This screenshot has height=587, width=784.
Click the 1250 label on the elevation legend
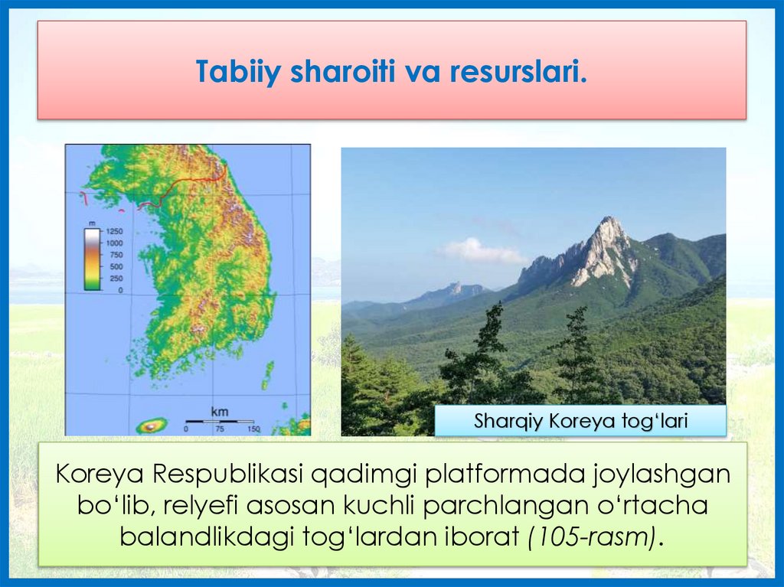tap(114, 231)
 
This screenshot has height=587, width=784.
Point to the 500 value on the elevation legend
tap(116, 266)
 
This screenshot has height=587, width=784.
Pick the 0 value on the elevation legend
tap(120, 290)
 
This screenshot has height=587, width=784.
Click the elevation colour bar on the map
tap(93, 259)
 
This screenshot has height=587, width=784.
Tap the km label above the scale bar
tap(220, 412)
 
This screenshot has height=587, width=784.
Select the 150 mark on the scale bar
tap(253, 429)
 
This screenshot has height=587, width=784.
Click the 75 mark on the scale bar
tap(220, 429)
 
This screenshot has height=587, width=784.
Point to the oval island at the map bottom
tap(152, 426)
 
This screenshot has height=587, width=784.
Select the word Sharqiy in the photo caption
tap(508, 422)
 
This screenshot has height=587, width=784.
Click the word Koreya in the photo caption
tap(583, 421)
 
